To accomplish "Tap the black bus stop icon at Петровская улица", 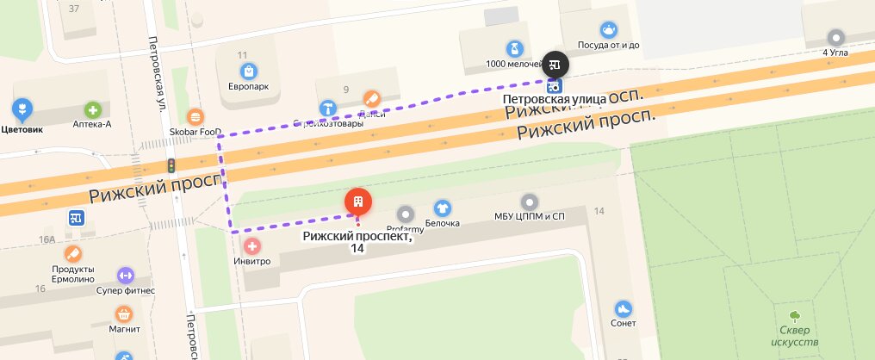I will coord(555,65).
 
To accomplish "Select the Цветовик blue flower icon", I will coord(22,109).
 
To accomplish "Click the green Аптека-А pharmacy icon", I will coord(92,109).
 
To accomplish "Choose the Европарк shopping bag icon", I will coord(248,71).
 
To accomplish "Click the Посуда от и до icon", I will coord(609,30).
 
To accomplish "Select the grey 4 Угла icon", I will coord(835,37).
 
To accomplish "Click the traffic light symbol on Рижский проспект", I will coord(171,164).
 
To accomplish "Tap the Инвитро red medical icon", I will coord(252,246).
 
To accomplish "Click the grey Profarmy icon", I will coord(405,213).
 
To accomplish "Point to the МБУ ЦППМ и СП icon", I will coord(529,202).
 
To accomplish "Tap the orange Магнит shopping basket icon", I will coord(125,313).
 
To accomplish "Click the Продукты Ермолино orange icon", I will coord(72,253).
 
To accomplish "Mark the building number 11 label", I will coord(242,55).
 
